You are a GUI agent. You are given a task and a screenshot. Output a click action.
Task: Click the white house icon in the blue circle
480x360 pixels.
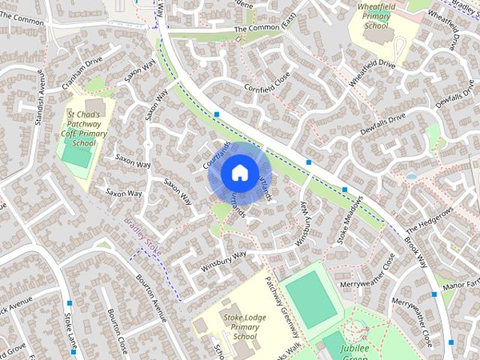coord(238,172)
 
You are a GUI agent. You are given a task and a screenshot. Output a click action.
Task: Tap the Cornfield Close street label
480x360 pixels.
coord(266,91)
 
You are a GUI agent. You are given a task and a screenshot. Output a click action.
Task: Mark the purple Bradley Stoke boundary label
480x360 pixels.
coord(142,237)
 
